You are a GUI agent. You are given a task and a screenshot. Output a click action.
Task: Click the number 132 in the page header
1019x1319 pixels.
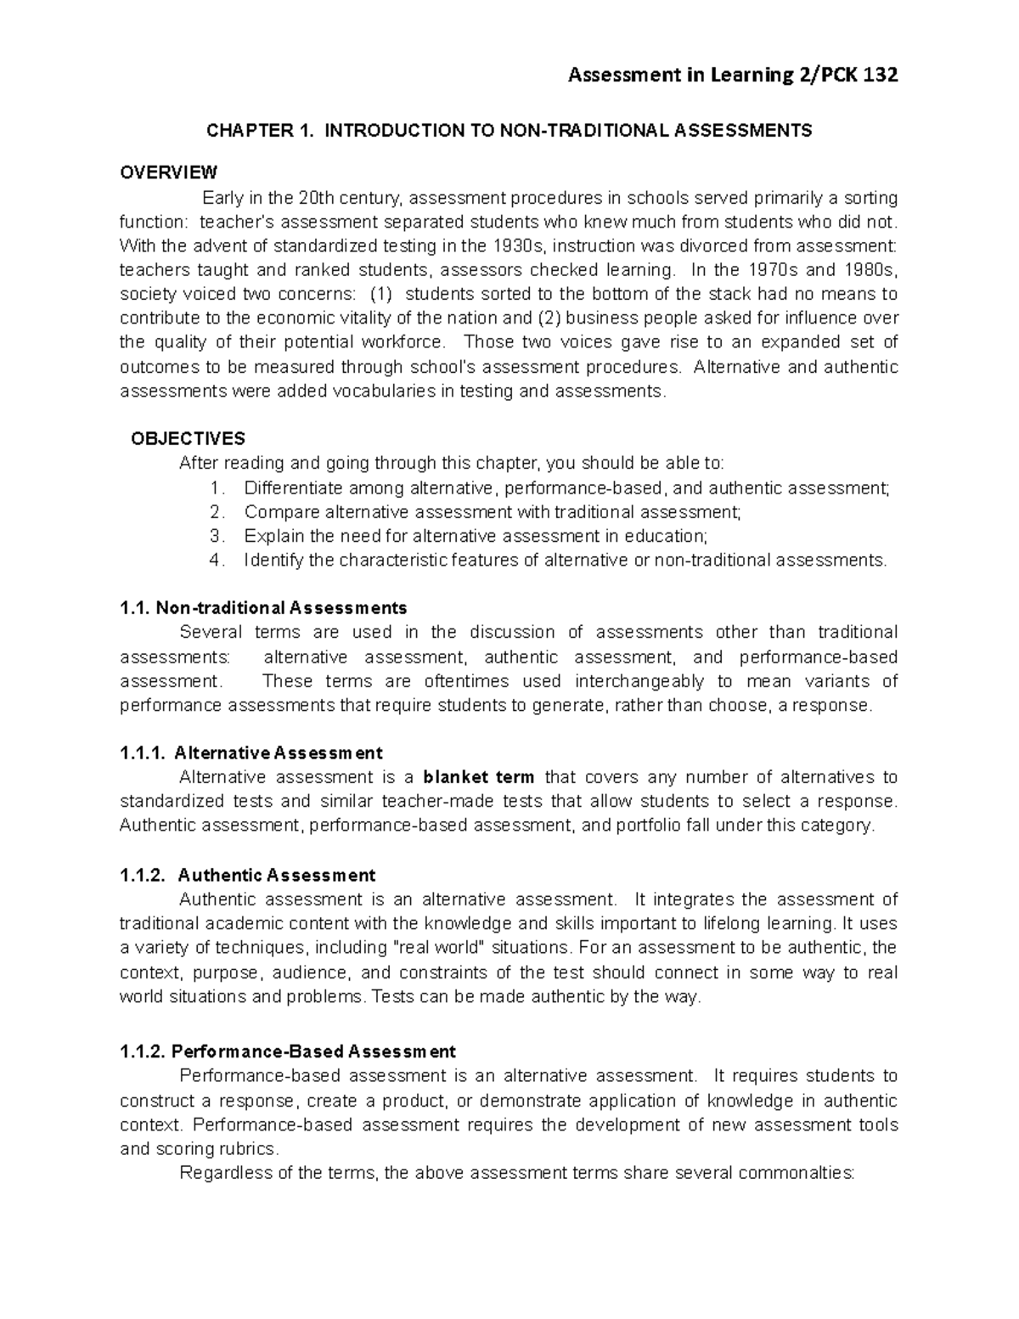tap(880, 76)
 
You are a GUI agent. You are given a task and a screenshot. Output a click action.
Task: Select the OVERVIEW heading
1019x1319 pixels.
tap(168, 173)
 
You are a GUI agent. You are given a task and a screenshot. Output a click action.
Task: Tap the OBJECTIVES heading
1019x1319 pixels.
tap(188, 439)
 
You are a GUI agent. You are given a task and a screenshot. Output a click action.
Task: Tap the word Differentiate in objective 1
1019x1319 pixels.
tap(294, 488)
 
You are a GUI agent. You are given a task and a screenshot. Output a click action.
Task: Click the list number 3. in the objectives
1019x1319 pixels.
tap(218, 536)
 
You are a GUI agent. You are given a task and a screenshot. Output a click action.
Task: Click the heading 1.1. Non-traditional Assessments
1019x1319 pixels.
tap(263, 608)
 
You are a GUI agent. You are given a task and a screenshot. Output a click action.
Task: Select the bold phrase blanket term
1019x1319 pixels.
tap(479, 777)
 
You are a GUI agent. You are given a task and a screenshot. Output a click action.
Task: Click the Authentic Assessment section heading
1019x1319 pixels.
tap(277, 876)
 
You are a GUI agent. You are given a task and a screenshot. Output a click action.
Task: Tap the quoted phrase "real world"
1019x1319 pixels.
tap(436, 948)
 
